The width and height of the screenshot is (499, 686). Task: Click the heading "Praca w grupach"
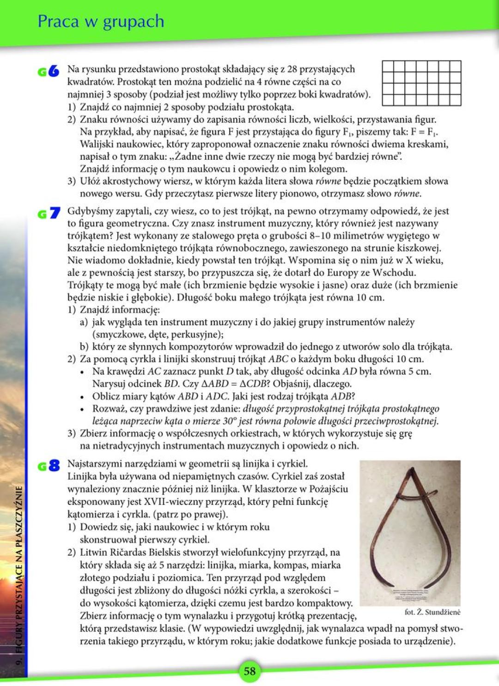pos(101,21)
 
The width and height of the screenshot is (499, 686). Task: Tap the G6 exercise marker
pos(49,71)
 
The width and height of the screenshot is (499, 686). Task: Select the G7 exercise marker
pos(49,213)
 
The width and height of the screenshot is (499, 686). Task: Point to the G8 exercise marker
pos(49,466)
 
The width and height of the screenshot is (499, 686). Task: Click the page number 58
pos(249,671)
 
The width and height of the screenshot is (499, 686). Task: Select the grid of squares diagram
pos(421,83)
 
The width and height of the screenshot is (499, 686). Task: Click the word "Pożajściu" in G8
pos(328,489)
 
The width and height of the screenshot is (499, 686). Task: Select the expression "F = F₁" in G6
pos(423,132)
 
